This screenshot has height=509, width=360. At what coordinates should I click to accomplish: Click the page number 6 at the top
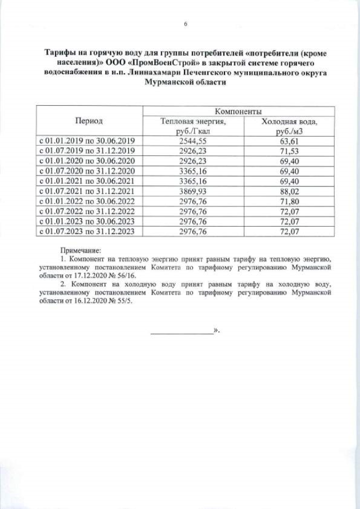[x=185, y=24]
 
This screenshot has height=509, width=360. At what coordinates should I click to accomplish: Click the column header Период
[x=89, y=121]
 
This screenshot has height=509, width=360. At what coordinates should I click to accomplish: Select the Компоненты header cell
[x=238, y=111]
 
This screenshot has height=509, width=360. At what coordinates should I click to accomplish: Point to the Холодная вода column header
[x=289, y=125]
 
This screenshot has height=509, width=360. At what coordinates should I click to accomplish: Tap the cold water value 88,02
[x=289, y=191]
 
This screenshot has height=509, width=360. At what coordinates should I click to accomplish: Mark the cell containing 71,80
[x=289, y=201]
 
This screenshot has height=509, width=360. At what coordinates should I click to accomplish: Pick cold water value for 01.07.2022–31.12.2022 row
[x=289, y=211]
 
